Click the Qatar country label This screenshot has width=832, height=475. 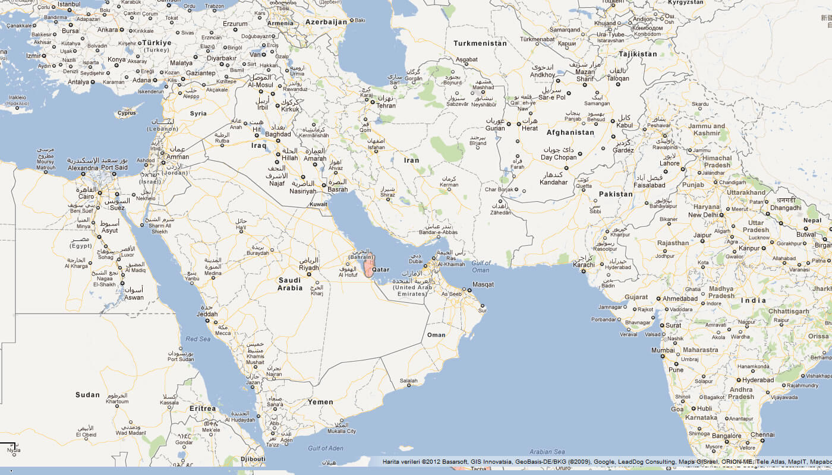380,269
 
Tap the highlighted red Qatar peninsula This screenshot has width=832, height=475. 370,265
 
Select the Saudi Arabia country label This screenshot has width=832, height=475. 290,284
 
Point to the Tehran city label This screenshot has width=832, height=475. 386,106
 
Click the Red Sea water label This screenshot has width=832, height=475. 198,339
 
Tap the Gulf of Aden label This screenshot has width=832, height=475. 326,448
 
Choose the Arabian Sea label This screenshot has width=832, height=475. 547,452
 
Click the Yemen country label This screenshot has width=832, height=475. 320,402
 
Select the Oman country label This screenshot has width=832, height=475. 436,335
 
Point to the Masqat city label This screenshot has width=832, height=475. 483,284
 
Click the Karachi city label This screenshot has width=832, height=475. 584,265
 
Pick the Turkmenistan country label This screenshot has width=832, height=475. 480,43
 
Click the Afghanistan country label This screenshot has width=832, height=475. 570,132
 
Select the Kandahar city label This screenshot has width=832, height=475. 554,182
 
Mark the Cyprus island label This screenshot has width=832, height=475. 127,113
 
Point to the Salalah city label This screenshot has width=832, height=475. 409,381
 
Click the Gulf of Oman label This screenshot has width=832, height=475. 481,267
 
